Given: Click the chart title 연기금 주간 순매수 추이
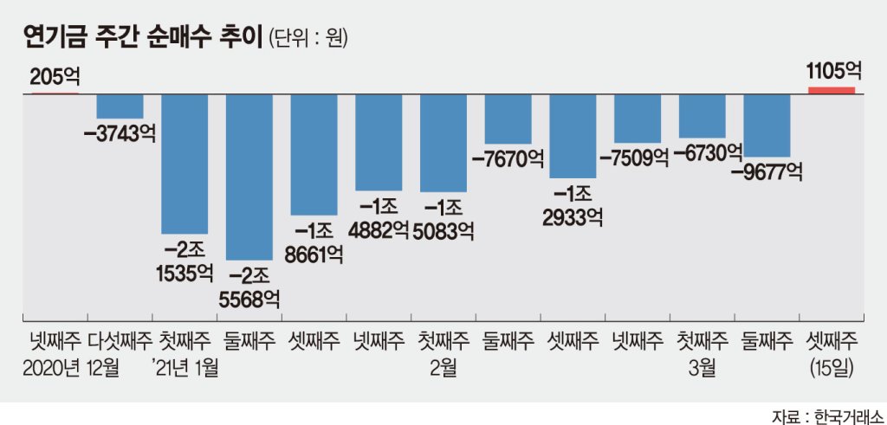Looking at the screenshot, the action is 142,39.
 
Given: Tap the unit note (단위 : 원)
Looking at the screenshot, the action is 308,40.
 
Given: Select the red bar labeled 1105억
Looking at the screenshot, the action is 831,90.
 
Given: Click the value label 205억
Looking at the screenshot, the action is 55,75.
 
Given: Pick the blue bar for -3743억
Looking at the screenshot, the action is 120,106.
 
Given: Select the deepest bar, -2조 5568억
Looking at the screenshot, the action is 249,177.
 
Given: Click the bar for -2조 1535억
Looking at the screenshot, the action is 185,164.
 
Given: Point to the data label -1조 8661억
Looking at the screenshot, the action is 314,244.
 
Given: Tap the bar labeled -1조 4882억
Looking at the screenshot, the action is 379,143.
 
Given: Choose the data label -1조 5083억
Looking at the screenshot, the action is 443,220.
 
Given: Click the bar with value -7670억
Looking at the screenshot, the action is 508,119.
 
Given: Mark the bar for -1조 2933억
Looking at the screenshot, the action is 573,137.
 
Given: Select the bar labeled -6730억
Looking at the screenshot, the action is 702,117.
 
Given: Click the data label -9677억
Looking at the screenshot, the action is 767,171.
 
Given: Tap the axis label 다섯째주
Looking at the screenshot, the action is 120,341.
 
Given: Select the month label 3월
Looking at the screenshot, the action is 702,369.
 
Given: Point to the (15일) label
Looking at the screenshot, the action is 832,370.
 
